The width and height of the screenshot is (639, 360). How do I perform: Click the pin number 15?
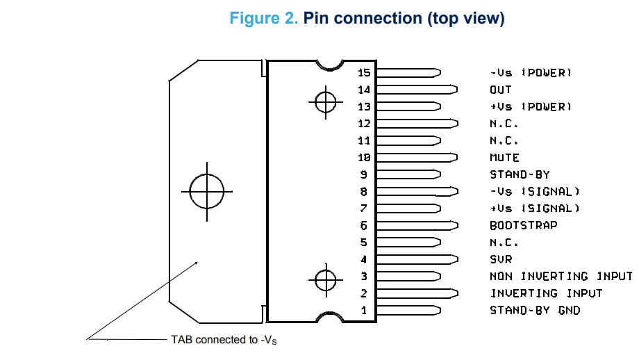(364, 72)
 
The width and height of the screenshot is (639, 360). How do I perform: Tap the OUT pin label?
(501, 90)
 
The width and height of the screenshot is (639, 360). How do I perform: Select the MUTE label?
(504, 157)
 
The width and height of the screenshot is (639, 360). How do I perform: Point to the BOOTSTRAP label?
(523, 225)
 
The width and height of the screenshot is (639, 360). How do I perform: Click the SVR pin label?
(501, 259)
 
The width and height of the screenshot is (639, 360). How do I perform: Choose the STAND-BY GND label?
(535, 310)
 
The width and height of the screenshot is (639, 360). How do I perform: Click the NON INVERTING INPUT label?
(561, 277)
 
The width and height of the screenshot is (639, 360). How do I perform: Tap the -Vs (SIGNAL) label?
(535, 192)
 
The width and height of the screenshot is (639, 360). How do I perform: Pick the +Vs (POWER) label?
(531, 107)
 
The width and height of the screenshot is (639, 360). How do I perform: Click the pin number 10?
(364, 157)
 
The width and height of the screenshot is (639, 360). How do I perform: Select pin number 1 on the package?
(364, 310)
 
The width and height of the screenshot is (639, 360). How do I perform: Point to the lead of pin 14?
(417, 90)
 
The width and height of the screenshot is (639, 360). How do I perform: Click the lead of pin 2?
(417, 293)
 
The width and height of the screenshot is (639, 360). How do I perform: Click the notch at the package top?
(330, 69)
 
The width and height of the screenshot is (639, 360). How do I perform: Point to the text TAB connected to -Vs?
(224, 340)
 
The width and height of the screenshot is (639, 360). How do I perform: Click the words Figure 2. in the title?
(264, 18)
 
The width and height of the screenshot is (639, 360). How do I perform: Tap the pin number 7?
(364, 208)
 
